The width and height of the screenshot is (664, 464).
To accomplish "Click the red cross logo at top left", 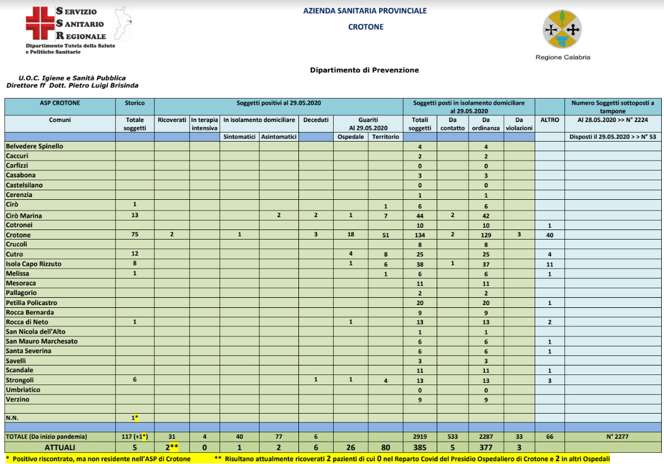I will point(40,24).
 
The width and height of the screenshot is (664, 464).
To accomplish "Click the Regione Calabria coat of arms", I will point(562,29).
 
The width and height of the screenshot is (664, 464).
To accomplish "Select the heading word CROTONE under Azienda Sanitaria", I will point(366,26).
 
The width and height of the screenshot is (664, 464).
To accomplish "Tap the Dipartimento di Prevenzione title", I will point(364,70).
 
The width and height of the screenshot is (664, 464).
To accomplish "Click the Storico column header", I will point(134,103).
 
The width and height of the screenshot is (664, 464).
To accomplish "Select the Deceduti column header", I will point(316,120).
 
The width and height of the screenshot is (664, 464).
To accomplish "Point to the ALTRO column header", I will point(549,120).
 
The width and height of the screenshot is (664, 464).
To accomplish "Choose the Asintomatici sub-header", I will point(279,137).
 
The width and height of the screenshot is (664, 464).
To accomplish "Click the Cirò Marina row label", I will point(24,215).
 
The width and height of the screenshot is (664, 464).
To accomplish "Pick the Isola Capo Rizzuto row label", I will point(34,264).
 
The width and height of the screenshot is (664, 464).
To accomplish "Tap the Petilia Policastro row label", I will point(31,302).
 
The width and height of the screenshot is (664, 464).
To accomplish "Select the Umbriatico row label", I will point(23,390).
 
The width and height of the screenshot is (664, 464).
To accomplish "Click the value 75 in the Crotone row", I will point(134,235).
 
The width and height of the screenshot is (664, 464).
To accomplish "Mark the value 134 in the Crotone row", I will point(420,235).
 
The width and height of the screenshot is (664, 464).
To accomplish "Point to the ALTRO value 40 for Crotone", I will point(549,235).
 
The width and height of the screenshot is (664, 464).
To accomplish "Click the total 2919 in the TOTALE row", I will point(420,437).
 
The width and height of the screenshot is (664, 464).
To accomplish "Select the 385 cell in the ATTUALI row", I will point(420,448).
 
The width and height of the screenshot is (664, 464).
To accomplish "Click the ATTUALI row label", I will point(59,448).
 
